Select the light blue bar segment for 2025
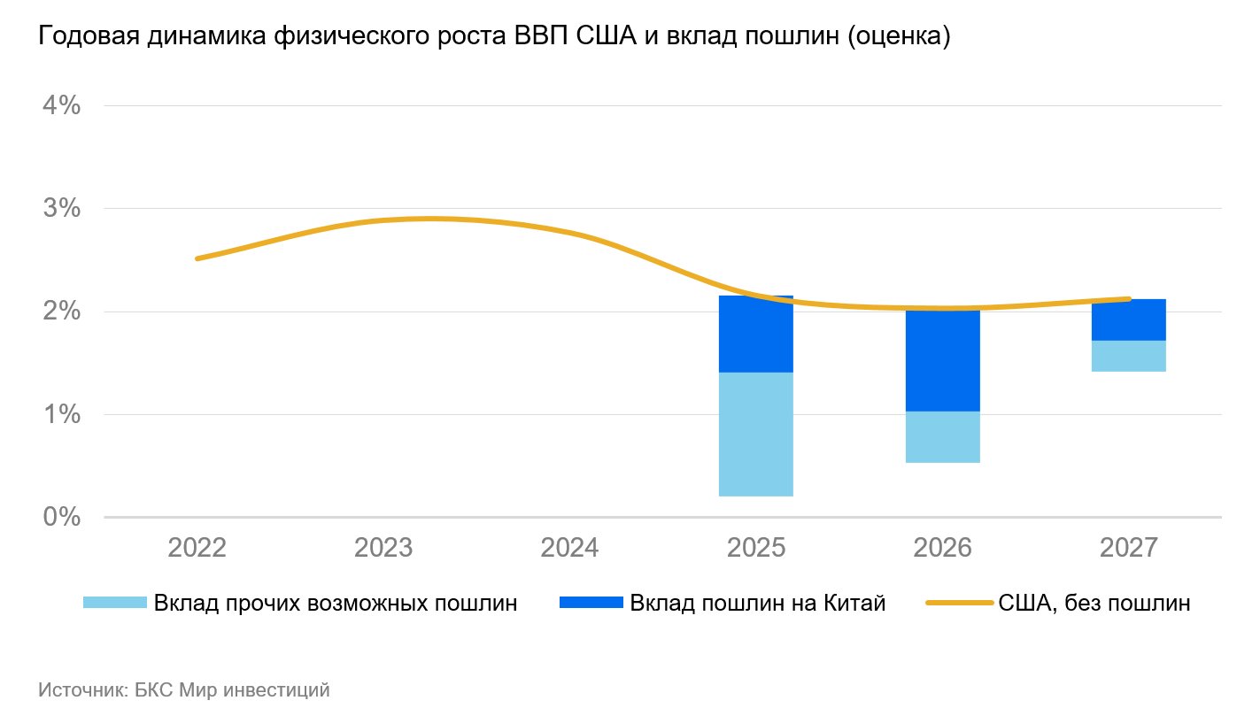point(755,434)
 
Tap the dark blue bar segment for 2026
point(942,361)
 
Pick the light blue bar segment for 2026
point(942,436)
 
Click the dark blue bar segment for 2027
point(1128,320)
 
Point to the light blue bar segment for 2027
point(1128,356)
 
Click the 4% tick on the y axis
point(61,106)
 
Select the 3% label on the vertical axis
point(61,209)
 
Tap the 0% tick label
point(61,517)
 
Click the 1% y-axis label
point(61,414)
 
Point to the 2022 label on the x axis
point(197,548)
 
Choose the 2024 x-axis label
point(569,548)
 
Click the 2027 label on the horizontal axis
point(1128,548)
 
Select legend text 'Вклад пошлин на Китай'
point(757,604)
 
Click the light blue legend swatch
point(114,604)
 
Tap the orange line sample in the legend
point(959,604)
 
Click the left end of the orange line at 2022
point(197,258)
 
